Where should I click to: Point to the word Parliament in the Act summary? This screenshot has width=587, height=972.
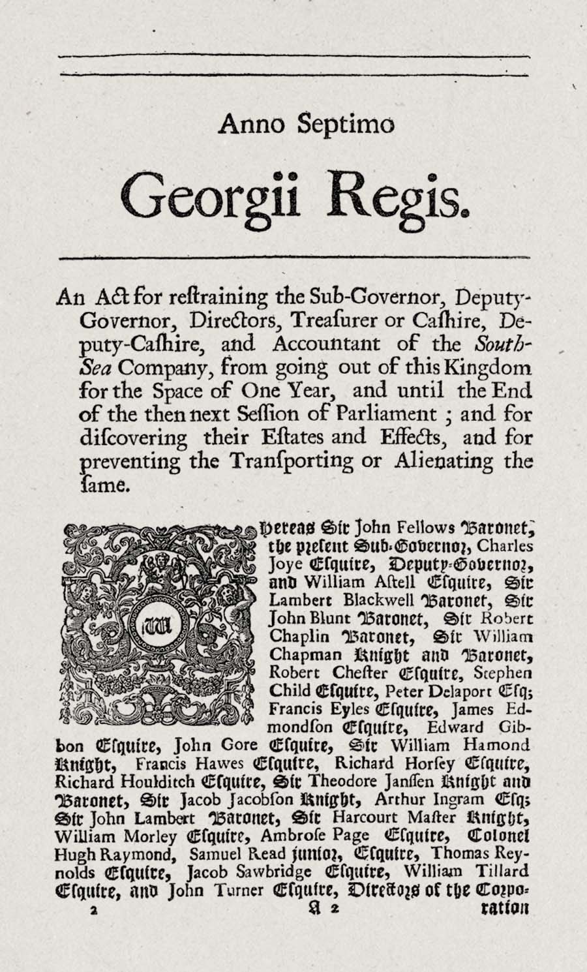(x=386, y=414)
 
